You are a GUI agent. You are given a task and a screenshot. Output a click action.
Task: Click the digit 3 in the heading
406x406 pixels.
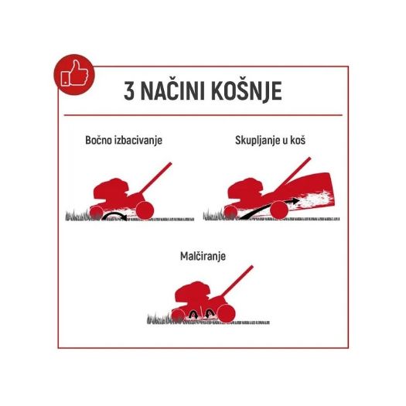point(131,90)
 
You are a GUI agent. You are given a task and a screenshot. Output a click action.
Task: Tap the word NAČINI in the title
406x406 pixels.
point(179,90)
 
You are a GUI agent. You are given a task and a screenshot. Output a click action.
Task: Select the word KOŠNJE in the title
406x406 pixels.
point(250,90)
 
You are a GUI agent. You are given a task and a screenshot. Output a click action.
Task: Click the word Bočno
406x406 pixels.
point(102,142)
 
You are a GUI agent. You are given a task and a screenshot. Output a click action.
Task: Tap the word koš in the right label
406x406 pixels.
point(308,142)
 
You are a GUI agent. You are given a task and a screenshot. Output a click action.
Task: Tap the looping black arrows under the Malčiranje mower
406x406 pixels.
point(196,313)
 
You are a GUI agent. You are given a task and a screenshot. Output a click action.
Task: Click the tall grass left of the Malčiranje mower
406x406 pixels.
point(160,316)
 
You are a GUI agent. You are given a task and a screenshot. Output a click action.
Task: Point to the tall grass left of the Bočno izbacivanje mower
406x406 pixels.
point(76,214)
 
